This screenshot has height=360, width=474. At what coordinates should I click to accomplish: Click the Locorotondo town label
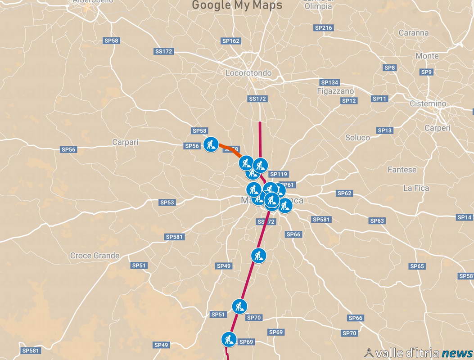(x=248, y=73)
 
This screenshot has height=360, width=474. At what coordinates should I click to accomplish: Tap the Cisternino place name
(x=428, y=104)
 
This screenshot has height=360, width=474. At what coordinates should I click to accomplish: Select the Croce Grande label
(x=95, y=256)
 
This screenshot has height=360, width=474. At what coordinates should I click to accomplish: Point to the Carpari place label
(x=125, y=143)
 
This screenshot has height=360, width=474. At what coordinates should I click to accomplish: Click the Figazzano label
(x=335, y=91)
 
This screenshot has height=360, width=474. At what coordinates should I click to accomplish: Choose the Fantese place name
(x=402, y=170)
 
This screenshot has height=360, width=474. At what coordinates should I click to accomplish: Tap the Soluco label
(x=357, y=138)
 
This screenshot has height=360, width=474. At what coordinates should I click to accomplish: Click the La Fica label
(x=416, y=188)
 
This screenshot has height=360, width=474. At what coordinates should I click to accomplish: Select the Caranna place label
(x=413, y=33)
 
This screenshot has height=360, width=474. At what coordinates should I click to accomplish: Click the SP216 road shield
(x=323, y=28)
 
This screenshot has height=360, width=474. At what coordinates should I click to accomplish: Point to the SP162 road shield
(x=231, y=41)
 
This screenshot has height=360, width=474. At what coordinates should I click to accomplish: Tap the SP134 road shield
(x=330, y=83)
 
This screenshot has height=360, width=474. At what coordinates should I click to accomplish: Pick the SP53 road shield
(x=167, y=202)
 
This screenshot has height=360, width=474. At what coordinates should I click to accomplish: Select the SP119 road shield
(x=278, y=174)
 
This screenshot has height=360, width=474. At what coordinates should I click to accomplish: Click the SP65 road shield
(x=417, y=266)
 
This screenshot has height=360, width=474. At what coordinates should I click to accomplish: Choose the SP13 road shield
(x=385, y=130)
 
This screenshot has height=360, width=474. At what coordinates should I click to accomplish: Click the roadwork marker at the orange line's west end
(x=211, y=144)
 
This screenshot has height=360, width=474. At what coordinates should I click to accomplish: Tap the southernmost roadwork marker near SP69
(x=229, y=339)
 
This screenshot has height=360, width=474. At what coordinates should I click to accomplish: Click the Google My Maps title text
(x=237, y=5)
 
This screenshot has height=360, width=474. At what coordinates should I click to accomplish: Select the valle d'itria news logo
(x=419, y=353)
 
